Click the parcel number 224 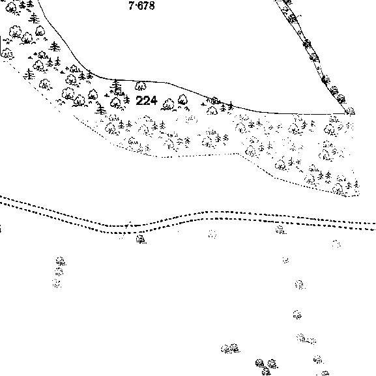[x=147, y=100]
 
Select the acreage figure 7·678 [x=141, y=5]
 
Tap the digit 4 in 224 [x=154, y=100]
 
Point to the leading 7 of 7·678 [x=132, y=5]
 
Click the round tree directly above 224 [x=141, y=86]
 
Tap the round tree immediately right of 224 [x=168, y=104]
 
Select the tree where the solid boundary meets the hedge [x=350, y=111]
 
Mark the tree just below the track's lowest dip [x=141, y=239]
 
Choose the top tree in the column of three [x=61, y=261]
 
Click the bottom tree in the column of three [x=57, y=283]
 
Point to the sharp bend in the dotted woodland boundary [x=238, y=154]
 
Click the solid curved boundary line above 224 [x=168, y=83]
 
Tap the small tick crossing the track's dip [x=129, y=225]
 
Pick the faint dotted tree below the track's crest [x=212, y=234]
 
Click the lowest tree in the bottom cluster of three [x=266, y=371]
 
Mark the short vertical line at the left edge [x=1, y=44]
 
